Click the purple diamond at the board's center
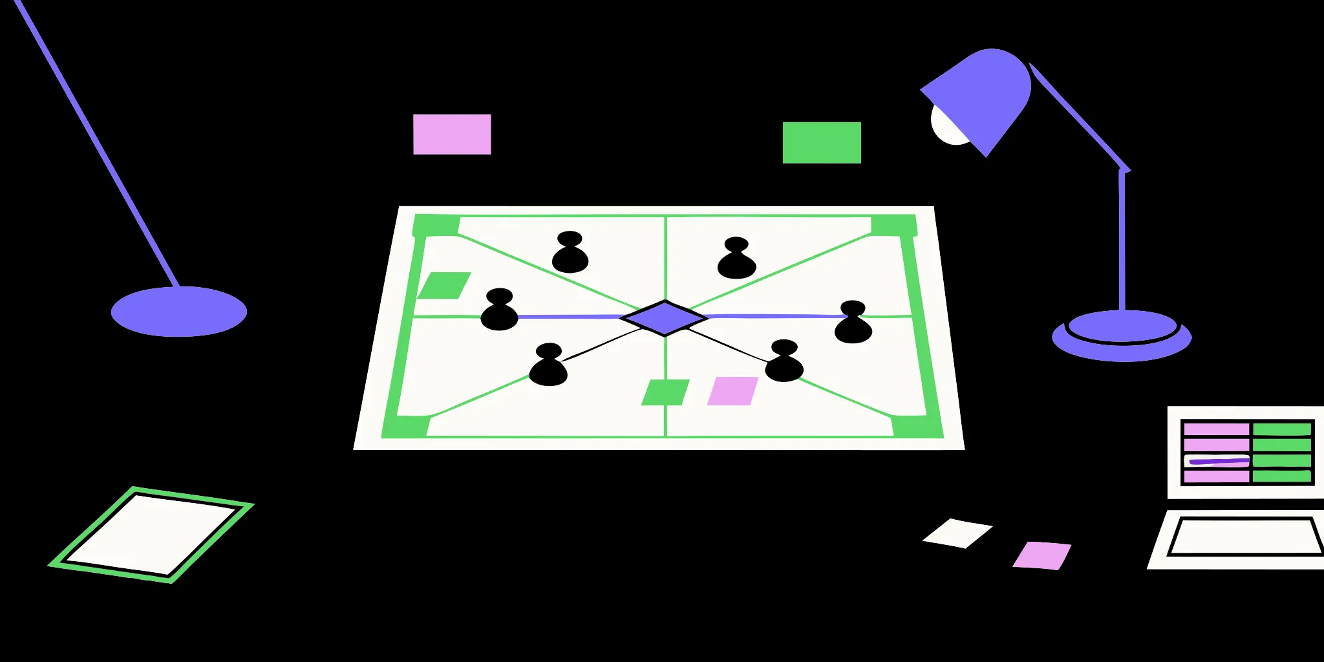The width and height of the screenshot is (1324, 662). pos(665,317)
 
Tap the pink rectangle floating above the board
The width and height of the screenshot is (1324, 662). pos(452,134)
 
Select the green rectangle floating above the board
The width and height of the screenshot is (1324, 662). pos(822,143)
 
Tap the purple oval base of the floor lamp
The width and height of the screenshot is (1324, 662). pos(179,312)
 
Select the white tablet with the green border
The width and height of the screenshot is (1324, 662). pos(151,534)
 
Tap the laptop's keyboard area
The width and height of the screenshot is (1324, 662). pos(1245,537)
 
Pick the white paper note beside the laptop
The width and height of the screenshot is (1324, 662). pos(957,533)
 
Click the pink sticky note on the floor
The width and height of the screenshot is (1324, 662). pos(1042,555)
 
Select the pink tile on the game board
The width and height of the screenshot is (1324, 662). pos(732,391)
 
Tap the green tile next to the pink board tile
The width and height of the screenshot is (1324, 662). pos(665,392)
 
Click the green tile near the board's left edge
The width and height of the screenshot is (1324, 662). pos(444,285)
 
